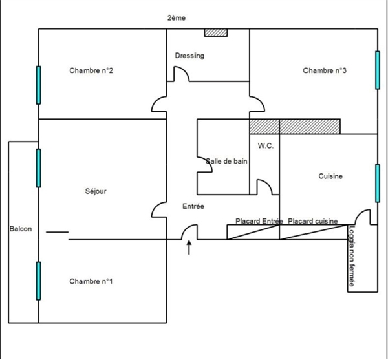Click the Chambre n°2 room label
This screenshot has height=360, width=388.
point(91,70)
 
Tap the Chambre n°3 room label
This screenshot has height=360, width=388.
point(325,70)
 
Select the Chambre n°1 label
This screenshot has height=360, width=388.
point(91,281)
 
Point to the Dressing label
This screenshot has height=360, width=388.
point(189,56)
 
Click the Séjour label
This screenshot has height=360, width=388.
point(96,191)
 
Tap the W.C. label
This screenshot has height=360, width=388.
point(266,146)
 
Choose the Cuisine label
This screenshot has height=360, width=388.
point(330,176)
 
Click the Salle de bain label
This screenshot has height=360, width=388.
point(226,161)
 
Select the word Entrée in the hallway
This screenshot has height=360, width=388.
point(193,206)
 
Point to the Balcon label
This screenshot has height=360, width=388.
point(21,229)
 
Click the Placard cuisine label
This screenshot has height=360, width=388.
point(313,221)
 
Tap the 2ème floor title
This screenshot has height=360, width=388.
point(177,18)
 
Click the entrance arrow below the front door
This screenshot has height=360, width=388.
point(189,248)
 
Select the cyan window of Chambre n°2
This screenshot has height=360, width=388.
point(38,85)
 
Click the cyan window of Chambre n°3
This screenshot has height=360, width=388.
point(378,70)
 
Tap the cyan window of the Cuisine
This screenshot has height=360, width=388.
point(378,183)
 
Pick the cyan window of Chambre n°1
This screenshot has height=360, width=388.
point(38,281)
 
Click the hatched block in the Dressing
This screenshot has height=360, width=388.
point(216,32)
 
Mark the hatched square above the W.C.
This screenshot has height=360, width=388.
point(264,127)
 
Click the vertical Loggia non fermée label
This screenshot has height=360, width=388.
point(352,257)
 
